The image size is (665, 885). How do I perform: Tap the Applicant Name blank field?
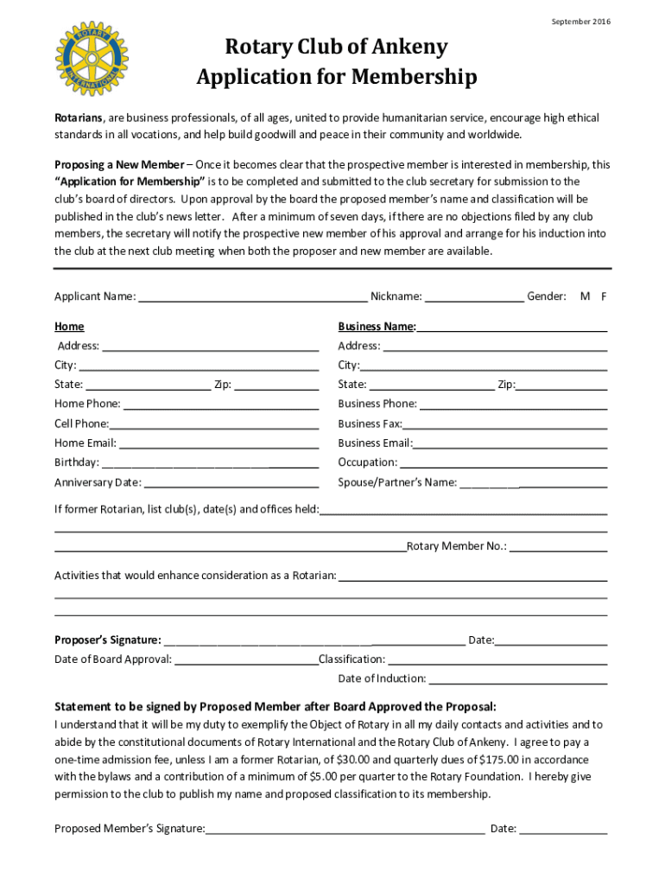pyautogui.click(x=252, y=297)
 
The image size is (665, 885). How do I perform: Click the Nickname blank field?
pyautogui.click(x=474, y=297)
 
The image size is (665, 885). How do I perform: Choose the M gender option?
pyautogui.click(x=585, y=296)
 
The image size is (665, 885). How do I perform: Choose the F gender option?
pyautogui.click(x=605, y=296)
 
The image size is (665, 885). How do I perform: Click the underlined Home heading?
pyautogui.click(x=69, y=327)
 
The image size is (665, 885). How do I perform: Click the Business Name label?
pyautogui.click(x=377, y=327)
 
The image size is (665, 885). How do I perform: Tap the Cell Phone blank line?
pyautogui.click(x=214, y=424)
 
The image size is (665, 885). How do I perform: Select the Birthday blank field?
pyautogui.click(x=210, y=463)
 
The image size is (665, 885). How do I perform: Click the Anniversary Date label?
pyautogui.click(x=98, y=482)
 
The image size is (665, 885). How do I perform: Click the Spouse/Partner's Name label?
pyautogui.click(x=397, y=482)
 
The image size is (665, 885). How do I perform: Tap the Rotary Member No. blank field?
pyautogui.click(x=559, y=547)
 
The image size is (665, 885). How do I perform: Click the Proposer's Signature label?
pyautogui.click(x=107, y=640)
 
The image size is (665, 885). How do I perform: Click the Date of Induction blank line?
pyautogui.click(x=518, y=679)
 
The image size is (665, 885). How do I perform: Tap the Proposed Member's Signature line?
pyautogui.click(x=345, y=830)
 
